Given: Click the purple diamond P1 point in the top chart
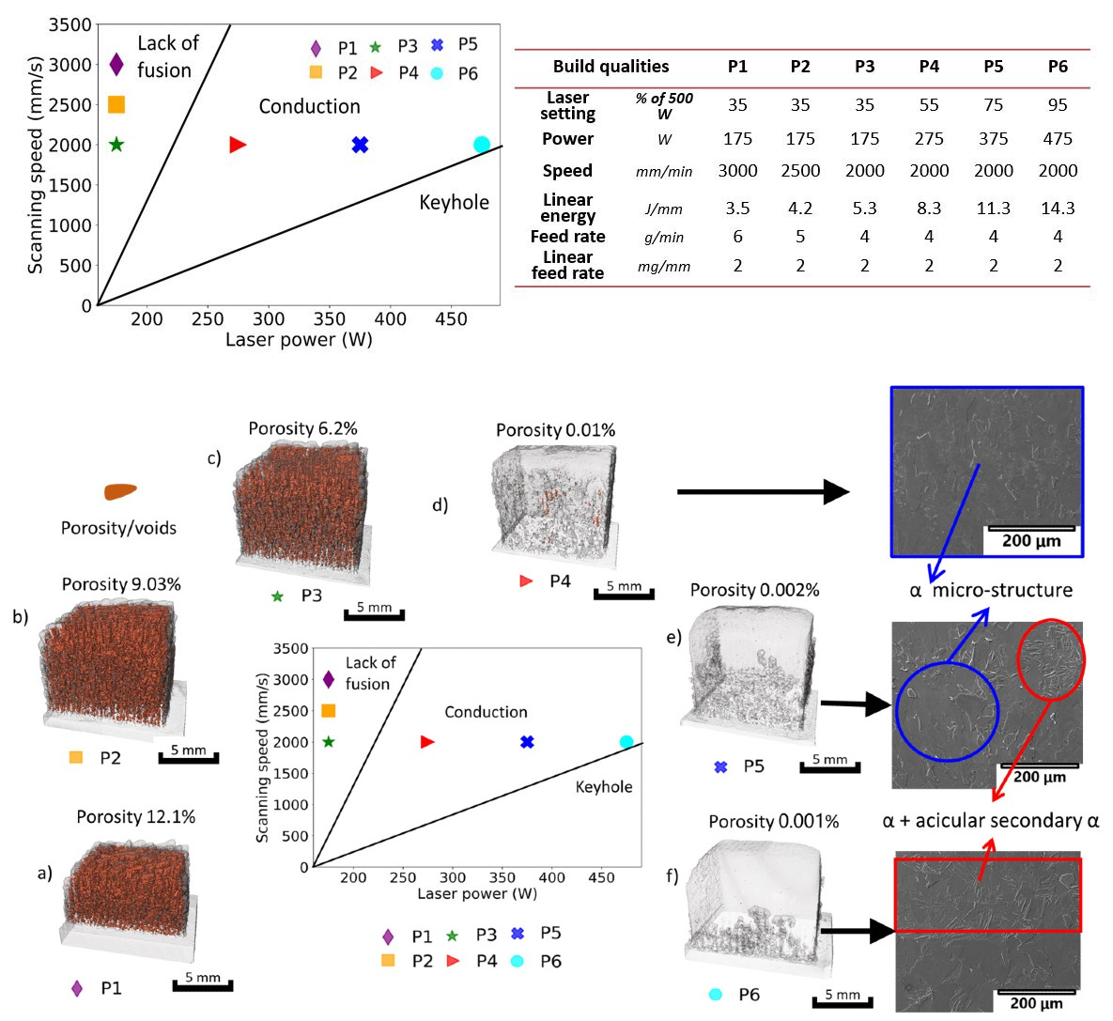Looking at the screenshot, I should click(x=116, y=64).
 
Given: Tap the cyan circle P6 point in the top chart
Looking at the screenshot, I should click(x=482, y=145).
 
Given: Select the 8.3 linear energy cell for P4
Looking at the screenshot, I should click(x=929, y=208).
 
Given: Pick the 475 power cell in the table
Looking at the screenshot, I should click(x=1058, y=139).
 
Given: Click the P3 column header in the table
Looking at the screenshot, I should click(x=864, y=67).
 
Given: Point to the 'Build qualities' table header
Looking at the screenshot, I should click(x=611, y=67).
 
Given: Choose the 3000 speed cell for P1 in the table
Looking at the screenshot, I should click(x=737, y=171).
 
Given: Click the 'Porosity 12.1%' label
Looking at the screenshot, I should click(x=136, y=817).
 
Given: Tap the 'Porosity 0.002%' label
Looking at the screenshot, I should click(x=754, y=590).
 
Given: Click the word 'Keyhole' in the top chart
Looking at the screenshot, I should click(x=454, y=203).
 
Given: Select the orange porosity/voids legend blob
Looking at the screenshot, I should click(x=120, y=491).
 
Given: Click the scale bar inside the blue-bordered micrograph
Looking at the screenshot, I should click(x=1030, y=529).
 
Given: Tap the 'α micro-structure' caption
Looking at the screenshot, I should click(x=991, y=591).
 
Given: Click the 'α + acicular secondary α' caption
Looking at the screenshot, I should click(x=991, y=821).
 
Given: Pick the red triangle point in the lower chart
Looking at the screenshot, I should click(x=427, y=742).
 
